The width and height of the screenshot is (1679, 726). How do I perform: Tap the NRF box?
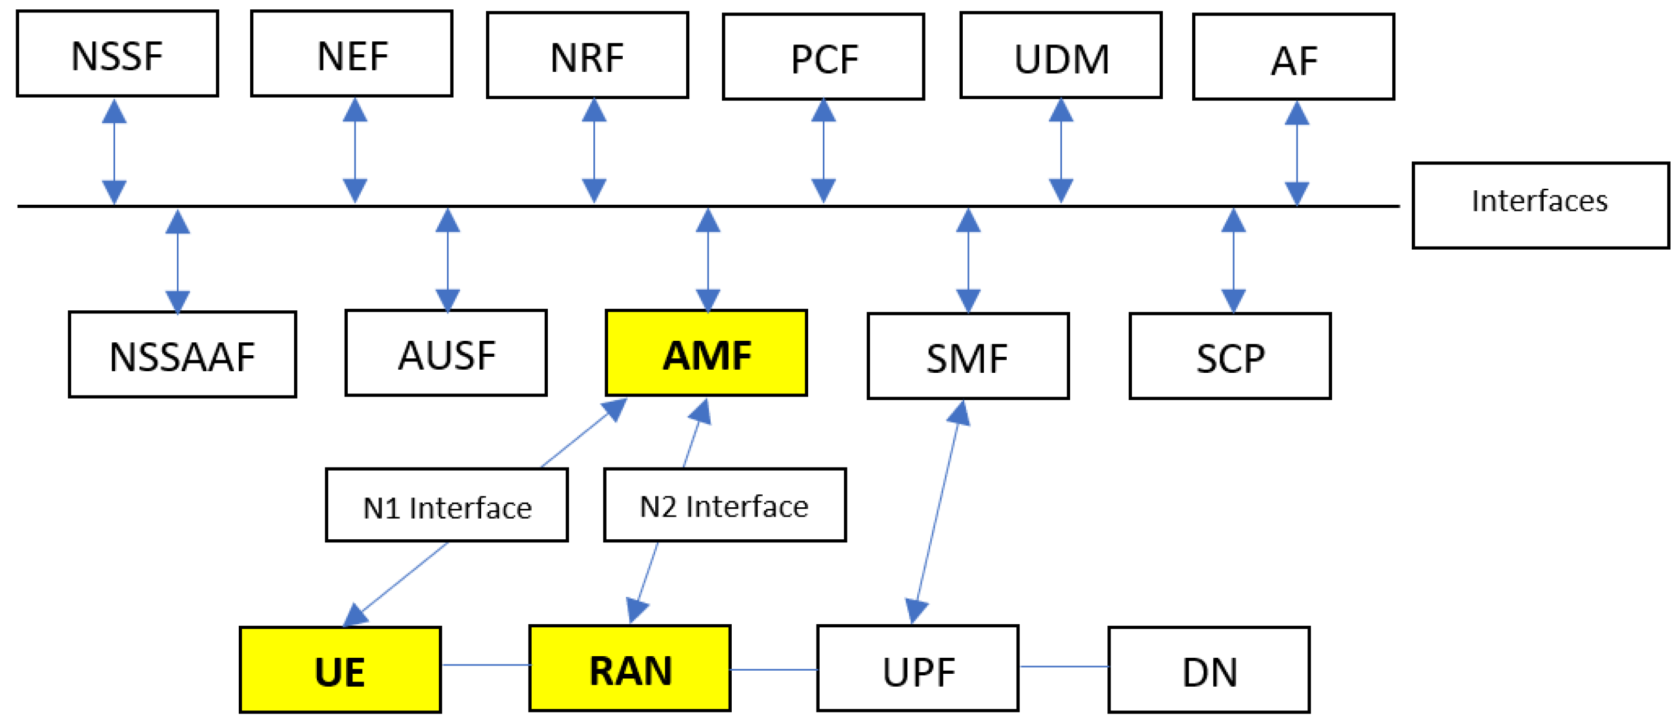(587, 55)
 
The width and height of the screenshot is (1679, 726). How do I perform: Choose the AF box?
(1293, 57)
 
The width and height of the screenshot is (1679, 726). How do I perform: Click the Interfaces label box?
(1540, 205)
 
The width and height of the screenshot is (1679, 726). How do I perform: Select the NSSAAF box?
(182, 354)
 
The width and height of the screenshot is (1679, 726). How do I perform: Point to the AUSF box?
(446, 353)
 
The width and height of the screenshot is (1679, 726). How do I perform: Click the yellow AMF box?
(706, 353)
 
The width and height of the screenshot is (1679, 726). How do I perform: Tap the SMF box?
(968, 356)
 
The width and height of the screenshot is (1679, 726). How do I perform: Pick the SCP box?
(1230, 356)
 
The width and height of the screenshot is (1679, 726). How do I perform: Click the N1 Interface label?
(446, 505)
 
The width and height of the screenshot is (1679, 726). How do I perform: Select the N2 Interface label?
(725, 505)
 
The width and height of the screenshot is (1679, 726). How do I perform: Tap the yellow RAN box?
(629, 669)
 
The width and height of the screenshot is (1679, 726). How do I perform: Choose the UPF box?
(918, 669)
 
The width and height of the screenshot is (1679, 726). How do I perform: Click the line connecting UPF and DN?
(1064, 667)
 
